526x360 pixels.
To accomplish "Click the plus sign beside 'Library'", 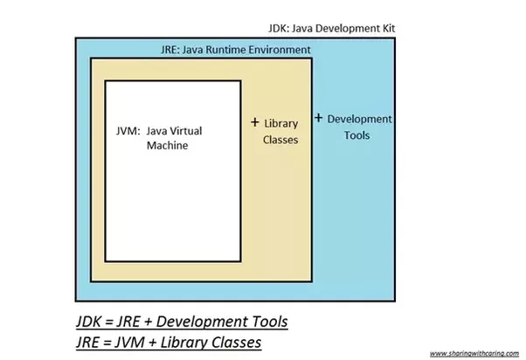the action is click(255, 122).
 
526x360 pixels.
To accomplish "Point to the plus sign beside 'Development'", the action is click(318, 117).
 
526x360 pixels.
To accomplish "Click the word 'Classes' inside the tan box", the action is click(280, 139).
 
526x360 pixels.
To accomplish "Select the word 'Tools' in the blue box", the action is click(356, 135).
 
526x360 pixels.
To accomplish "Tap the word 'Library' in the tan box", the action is click(281, 123).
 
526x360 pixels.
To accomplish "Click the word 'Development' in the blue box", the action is click(360, 119).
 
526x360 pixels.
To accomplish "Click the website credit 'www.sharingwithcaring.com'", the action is click(475, 353).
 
